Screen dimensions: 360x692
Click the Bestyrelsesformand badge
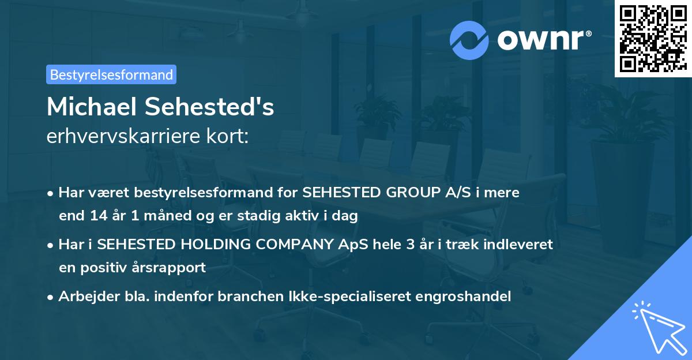pos(111,74)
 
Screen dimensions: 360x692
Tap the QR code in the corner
pos(652,38)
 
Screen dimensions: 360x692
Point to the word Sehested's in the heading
pos(210,107)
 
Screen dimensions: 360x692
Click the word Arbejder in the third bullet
pos(84,297)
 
